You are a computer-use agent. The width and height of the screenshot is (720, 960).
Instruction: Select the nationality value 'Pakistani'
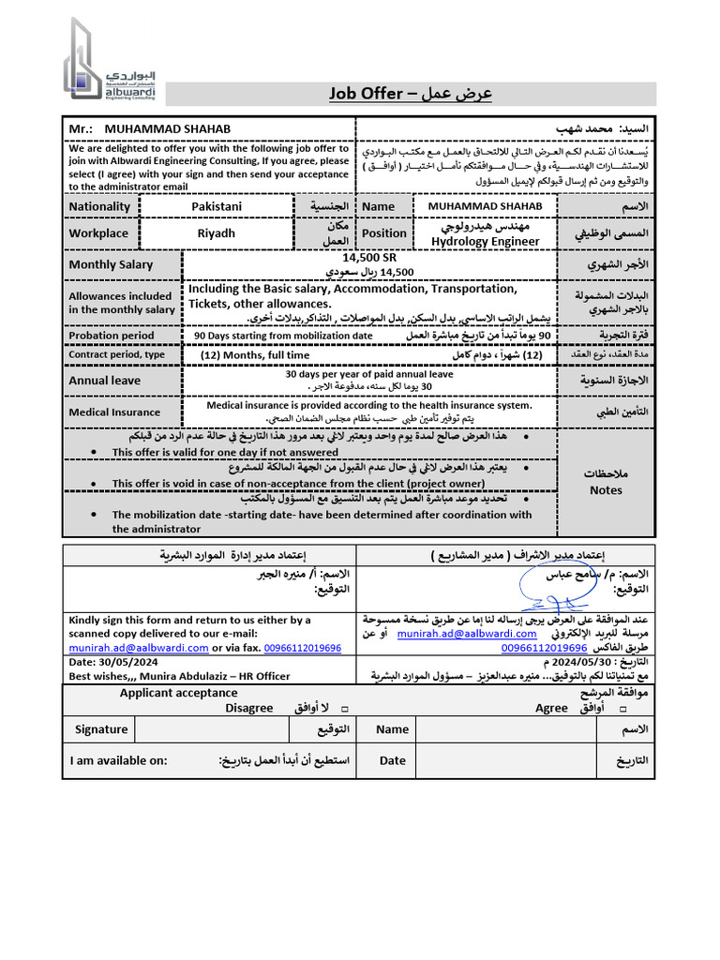[x=217, y=206]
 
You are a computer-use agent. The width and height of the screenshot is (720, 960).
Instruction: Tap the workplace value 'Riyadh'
[x=217, y=232]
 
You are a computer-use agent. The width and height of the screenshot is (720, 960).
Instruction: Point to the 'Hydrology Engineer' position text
[x=485, y=241]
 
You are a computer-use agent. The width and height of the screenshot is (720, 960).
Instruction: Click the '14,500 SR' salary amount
[x=369, y=257]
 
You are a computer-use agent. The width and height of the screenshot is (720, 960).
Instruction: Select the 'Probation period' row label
[x=112, y=335]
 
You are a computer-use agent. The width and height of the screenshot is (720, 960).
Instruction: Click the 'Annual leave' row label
[x=104, y=381]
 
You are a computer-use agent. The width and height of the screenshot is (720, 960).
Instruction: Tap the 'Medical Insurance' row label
[x=113, y=412]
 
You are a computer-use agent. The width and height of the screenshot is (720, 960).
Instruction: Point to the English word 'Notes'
[x=606, y=489]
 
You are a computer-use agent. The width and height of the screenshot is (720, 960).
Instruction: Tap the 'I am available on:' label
[x=118, y=760]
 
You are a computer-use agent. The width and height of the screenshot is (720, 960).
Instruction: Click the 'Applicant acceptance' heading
[x=178, y=693]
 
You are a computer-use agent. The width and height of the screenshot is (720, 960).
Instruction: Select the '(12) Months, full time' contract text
[x=255, y=355]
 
